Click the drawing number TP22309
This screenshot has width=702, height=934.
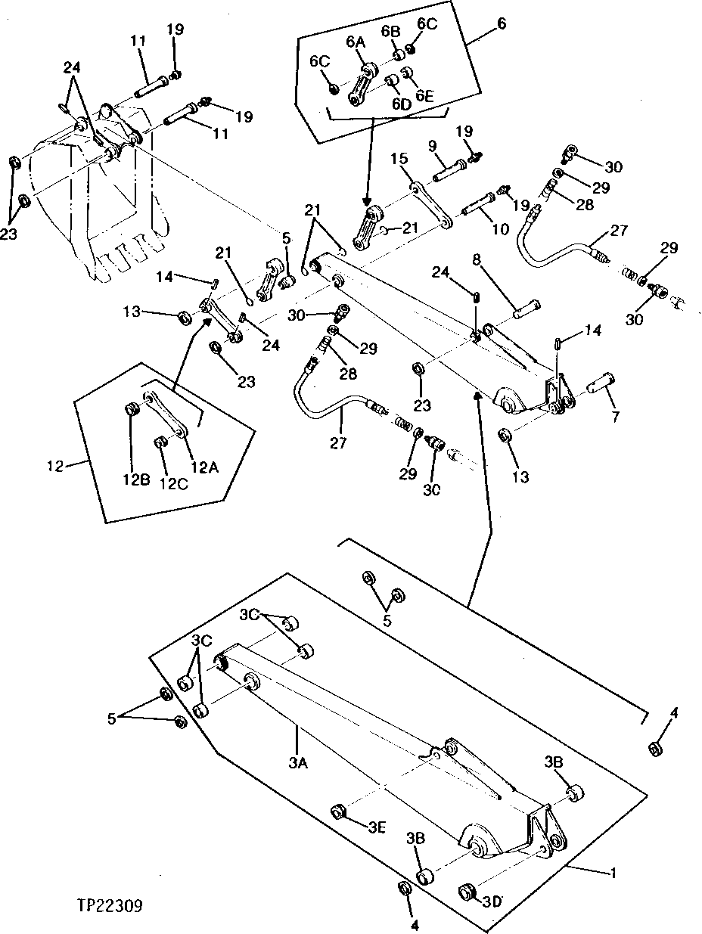point(110,905)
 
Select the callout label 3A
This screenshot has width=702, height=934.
point(297,764)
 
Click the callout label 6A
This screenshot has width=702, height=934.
point(356,43)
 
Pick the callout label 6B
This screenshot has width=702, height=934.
point(390,31)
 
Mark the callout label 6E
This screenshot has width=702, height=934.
point(425,96)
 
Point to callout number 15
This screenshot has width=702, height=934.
point(400,159)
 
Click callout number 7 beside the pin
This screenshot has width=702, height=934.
point(614,417)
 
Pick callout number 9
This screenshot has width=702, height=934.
point(455,145)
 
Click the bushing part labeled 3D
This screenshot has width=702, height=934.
point(466,891)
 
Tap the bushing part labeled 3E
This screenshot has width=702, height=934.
point(339,811)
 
